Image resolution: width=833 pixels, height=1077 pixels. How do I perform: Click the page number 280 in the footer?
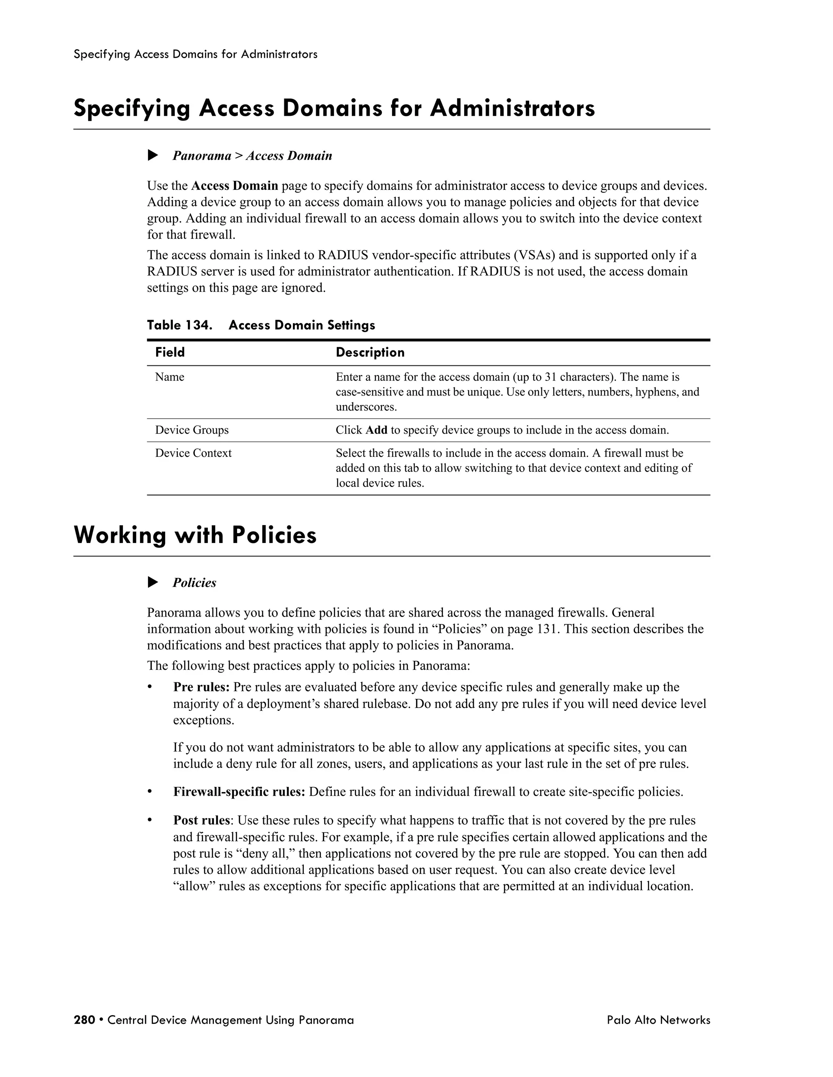click(x=84, y=1020)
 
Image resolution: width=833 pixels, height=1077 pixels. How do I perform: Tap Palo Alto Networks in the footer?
click(x=659, y=1020)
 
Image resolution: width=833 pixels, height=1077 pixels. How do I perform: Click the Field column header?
click(x=170, y=352)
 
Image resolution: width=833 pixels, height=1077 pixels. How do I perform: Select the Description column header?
click(x=370, y=352)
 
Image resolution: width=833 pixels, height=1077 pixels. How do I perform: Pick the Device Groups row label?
click(x=192, y=430)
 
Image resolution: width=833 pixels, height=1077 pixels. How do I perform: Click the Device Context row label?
click(x=193, y=453)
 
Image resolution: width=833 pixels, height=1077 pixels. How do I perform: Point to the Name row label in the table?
click(x=169, y=377)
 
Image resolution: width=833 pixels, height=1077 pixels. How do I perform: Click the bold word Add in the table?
click(x=376, y=430)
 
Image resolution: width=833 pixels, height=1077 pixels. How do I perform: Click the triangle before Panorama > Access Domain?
click(x=153, y=156)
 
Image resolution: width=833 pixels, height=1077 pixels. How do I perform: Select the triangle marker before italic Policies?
click(x=153, y=582)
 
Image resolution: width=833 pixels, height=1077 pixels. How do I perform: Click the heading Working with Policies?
click(x=195, y=535)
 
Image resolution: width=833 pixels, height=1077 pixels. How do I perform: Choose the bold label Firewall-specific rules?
click(x=239, y=792)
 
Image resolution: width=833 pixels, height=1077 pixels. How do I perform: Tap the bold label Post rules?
click(x=201, y=821)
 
